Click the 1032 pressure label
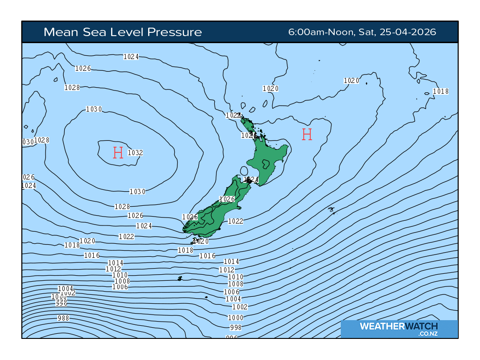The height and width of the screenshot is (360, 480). pyautogui.click(x=135, y=152)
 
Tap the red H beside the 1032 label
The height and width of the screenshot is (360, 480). pyautogui.click(x=118, y=152)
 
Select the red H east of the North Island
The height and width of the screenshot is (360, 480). pyautogui.click(x=307, y=135)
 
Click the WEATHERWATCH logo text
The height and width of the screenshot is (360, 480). pyautogui.click(x=399, y=326)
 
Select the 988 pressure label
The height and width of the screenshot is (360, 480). pyautogui.click(x=63, y=318)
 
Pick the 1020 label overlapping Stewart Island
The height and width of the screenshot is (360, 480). pyautogui.click(x=201, y=241)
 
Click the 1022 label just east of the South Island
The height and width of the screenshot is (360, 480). pyautogui.click(x=235, y=221)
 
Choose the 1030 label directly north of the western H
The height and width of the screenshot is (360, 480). pyautogui.click(x=94, y=109)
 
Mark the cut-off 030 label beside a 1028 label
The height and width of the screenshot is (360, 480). pyautogui.click(x=28, y=142)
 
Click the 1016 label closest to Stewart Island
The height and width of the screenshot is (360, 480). pyautogui.click(x=207, y=256)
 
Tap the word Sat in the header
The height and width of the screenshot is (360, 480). pyautogui.click(x=365, y=32)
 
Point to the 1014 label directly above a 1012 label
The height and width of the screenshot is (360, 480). pyautogui.click(x=116, y=263)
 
